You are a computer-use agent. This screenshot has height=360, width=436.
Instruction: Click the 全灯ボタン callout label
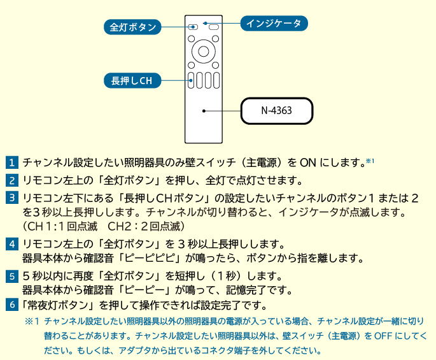[132, 27]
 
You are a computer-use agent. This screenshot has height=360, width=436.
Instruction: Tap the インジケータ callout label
[274, 24]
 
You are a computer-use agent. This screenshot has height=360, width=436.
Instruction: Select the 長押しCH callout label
[132, 80]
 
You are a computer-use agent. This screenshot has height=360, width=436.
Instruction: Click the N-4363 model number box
[276, 111]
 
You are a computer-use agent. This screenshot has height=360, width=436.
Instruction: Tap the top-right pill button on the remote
[213, 27]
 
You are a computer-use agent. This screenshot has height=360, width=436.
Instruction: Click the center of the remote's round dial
[203, 50]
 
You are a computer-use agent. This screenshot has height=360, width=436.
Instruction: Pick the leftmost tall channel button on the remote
[191, 80]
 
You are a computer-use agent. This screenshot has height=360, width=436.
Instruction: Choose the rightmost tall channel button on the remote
[216, 80]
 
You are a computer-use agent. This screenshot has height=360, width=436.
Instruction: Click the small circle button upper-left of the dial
[191, 39]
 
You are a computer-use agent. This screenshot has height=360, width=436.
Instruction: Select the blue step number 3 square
[13, 198]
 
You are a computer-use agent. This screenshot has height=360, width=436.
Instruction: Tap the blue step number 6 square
[13, 305]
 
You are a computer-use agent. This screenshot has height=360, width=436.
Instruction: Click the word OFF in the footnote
[383, 335]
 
